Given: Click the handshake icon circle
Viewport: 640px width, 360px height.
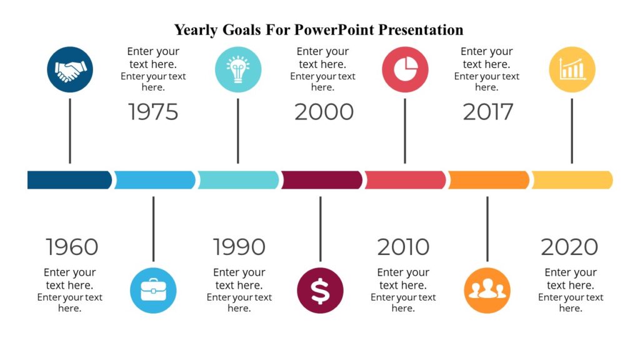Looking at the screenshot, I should pos(70,70).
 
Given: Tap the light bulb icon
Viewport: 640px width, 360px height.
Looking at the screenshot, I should pos(237,70).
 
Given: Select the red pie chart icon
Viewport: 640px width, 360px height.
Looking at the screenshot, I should pos(405,70).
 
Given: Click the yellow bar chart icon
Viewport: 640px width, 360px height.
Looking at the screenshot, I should pos(572,70).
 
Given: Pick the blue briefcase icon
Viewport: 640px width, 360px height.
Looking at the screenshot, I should pos(153,291).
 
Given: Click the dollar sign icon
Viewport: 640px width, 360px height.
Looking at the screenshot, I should pos(320,291).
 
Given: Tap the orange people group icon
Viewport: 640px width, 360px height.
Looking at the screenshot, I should pos(487,291).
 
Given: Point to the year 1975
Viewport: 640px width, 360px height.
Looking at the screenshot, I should pos(153,112).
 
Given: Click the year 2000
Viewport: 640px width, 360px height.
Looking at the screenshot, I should pos(324,112).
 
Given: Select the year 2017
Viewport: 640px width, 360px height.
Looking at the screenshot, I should pos(487,112).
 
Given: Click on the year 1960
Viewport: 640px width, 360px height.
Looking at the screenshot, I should pos(72,247).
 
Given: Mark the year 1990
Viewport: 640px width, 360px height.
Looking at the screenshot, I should pos(239,247).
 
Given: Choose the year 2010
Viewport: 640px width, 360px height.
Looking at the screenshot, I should pos(403,247).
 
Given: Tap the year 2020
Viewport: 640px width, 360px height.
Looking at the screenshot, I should pos(569,247).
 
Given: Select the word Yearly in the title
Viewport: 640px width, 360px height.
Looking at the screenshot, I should pos(196,30).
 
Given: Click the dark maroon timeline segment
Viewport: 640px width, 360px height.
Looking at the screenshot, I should pos(321,180).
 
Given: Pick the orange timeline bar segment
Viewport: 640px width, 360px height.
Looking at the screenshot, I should pos(488,180).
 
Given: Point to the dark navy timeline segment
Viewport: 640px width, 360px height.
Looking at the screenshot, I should pos(69,180).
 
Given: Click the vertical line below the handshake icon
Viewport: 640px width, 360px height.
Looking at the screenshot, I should pos(70,131).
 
